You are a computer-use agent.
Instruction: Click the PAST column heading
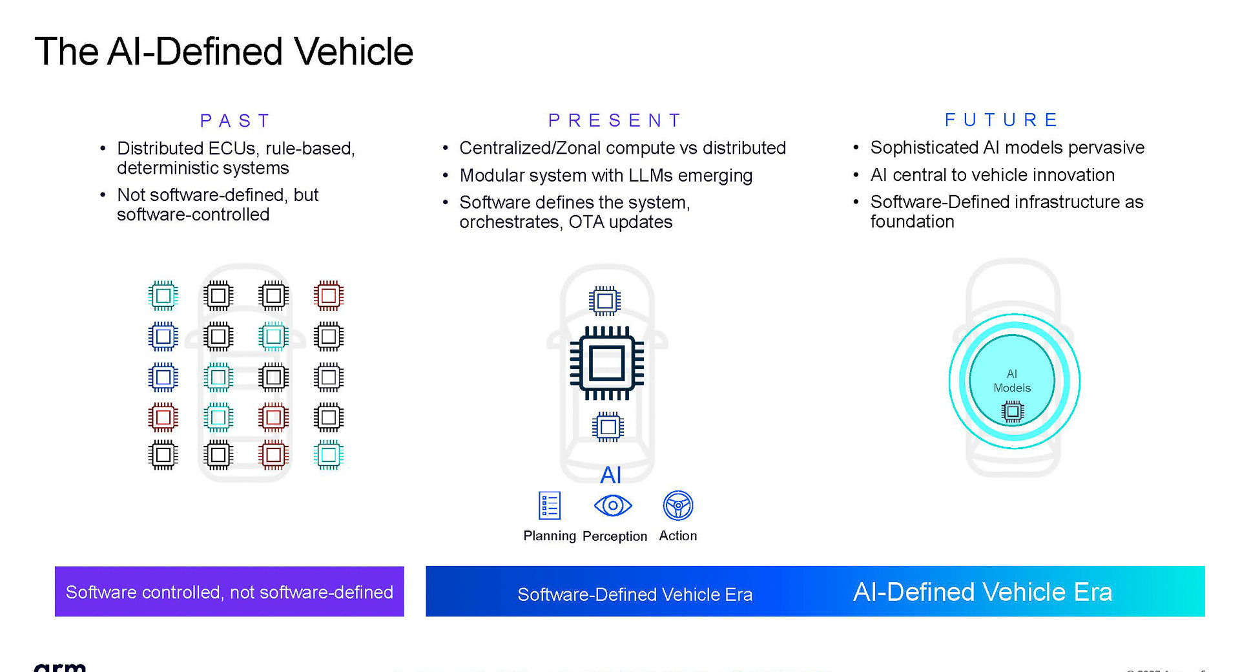pyautogui.click(x=235, y=121)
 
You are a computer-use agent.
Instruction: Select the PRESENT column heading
pyautogui.click(x=615, y=121)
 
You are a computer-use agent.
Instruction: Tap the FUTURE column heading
pyautogui.click(x=1002, y=120)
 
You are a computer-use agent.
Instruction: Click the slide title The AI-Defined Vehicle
pyautogui.click(x=223, y=52)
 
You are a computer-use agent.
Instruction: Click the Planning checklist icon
pyautogui.click(x=550, y=505)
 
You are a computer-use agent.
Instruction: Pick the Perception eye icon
pyautogui.click(x=613, y=505)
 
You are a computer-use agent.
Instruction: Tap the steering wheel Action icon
pyautogui.click(x=678, y=505)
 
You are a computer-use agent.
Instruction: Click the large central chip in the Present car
pyautogui.click(x=606, y=363)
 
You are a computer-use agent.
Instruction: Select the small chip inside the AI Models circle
pyautogui.click(x=1013, y=411)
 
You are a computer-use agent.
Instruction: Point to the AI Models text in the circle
pyautogui.click(x=1012, y=381)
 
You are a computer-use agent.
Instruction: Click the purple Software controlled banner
pyautogui.click(x=229, y=591)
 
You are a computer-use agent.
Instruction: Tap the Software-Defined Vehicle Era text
pyautogui.click(x=635, y=594)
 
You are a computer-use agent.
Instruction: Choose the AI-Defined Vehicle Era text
pyautogui.click(x=982, y=592)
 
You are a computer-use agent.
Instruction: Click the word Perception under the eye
pyautogui.click(x=615, y=536)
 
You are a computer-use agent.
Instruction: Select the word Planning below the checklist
pyautogui.click(x=550, y=536)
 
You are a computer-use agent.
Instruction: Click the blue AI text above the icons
pyautogui.click(x=610, y=476)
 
